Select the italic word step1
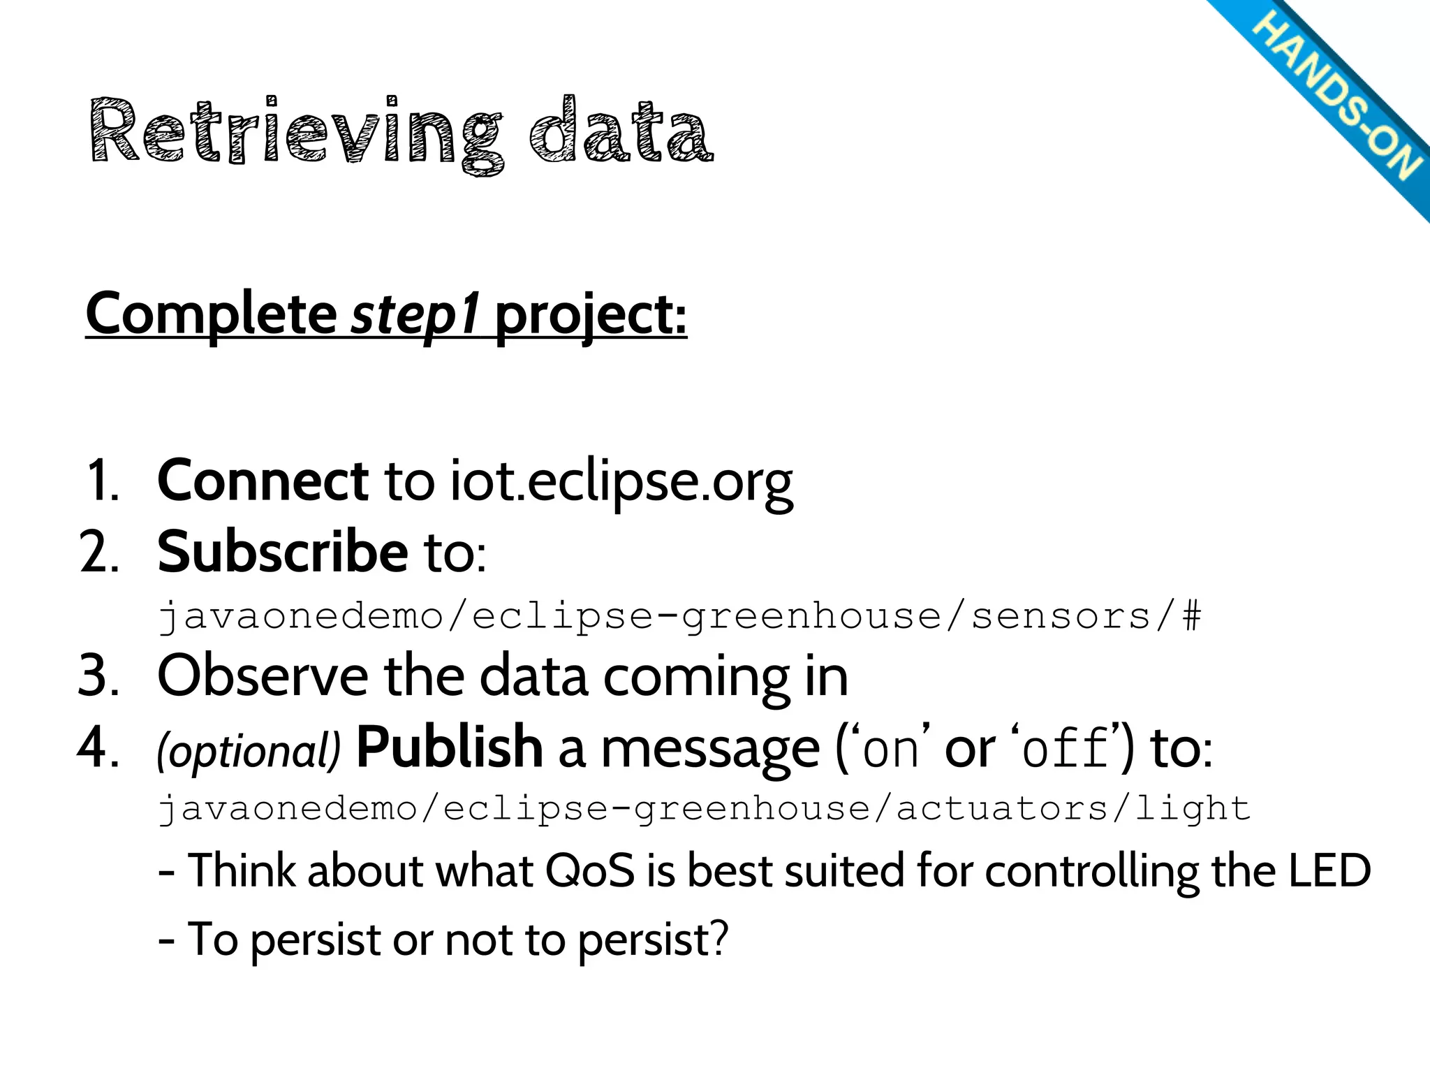[x=415, y=314]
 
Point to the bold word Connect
[x=263, y=481]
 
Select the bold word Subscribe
[x=282, y=552]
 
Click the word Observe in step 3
[x=263, y=676]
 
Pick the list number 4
[x=98, y=747]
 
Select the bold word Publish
[x=449, y=747]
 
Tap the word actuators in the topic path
[x=1001, y=809]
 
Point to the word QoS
[x=589, y=872]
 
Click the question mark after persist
[x=716, y=938]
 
